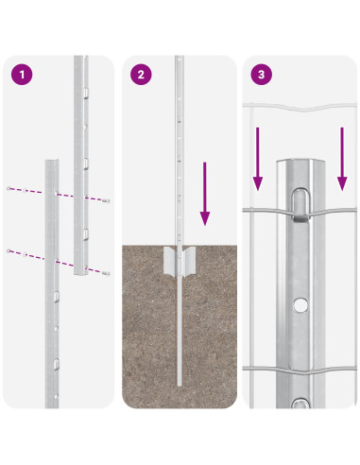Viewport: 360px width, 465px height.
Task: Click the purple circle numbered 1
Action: click(22, 75)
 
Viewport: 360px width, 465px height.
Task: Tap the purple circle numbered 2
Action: click(141, 75)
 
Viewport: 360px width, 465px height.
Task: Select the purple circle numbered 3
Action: click(262, 75)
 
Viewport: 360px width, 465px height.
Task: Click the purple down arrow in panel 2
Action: click(205, 194)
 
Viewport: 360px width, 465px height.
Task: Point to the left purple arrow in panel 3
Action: click(258, 159)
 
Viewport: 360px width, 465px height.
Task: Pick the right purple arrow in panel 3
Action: click(342, 159)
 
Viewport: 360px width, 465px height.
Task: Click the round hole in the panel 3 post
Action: click(300, 305)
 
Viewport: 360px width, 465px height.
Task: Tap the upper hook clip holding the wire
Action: click(300, 204)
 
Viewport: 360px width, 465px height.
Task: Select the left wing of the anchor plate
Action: click(170, 262)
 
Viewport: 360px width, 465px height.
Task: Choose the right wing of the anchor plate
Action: click(189, 262)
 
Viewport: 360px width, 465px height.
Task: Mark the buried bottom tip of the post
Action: click(180, 385)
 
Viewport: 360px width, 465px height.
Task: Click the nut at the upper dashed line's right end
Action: click(107, 200)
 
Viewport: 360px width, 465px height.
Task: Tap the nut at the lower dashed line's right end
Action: click(107, 273)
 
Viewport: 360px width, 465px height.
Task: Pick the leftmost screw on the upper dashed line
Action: click(9, 188)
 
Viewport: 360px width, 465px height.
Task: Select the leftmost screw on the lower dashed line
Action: click(9, 250)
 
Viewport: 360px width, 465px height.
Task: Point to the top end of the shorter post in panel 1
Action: click(52, 161)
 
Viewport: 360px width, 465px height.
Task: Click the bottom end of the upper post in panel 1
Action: click(81, 273)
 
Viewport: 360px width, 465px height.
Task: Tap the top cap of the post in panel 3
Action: click(300, 161)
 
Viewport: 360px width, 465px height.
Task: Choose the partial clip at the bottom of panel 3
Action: click(300, 404)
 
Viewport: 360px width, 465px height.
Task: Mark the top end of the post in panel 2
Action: click(180, 57)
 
